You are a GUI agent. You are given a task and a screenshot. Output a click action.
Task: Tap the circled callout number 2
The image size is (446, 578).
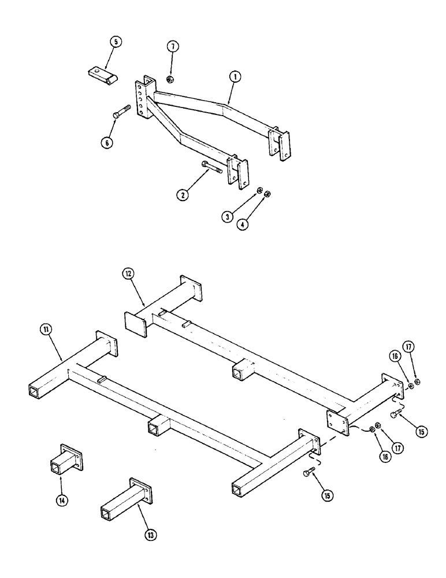click(x=183, y=195)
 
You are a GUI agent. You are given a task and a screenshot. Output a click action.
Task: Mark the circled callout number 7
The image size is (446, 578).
click(x=171, y=47)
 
